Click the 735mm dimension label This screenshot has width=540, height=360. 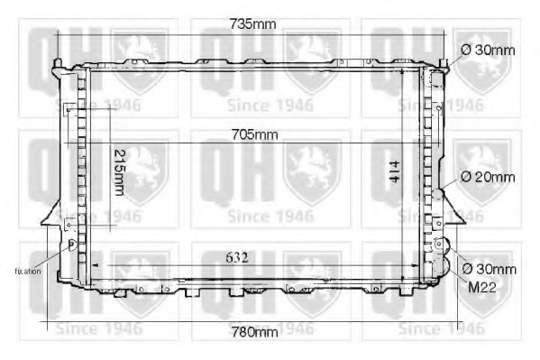click(251, 24)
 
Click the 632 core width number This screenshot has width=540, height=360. click(235, 257)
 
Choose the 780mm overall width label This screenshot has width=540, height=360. click(253, 331)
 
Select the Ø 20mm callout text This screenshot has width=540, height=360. click(488, 177)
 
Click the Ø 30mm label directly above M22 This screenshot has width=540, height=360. click(489, 269)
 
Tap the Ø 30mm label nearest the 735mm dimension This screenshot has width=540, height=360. click(488, 50)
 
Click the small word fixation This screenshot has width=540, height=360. click(27, 270)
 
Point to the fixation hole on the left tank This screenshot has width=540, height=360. click(73, 244)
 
